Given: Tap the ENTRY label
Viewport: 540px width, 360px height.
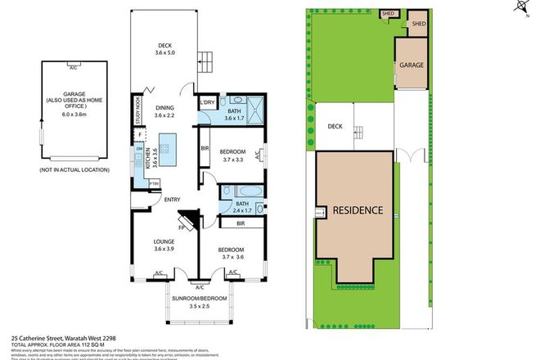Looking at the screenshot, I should tap(172, 199).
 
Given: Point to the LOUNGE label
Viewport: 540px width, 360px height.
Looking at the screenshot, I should tap(165, 241).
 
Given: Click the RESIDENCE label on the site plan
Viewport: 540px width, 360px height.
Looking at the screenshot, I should tap(357, 210).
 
